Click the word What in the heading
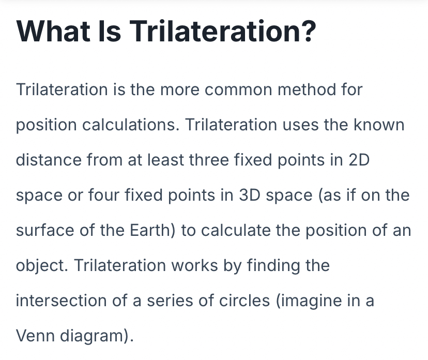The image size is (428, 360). point(54,31)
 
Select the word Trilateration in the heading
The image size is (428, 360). point(215,31)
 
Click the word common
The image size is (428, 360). point(238,90)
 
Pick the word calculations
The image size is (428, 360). point(131,125)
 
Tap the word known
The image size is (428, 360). point(379,125)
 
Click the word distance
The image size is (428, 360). point(49,160)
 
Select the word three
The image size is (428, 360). point(208,160)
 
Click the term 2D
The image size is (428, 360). point(359,160)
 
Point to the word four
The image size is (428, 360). point(104,195)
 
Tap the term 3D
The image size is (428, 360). point(250,196)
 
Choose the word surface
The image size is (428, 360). point(45,230)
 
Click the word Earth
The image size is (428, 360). point(150,230)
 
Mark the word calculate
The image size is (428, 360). point(236,230)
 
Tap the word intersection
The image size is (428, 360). point(61,301)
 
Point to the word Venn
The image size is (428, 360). point(36,336)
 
